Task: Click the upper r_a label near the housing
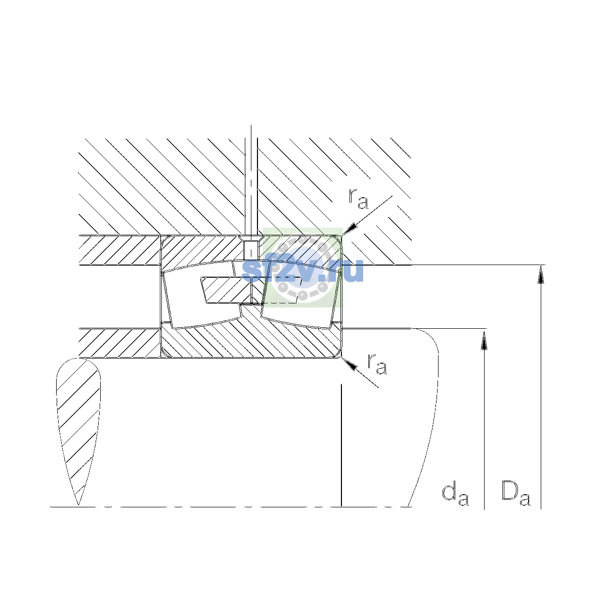tap(358, 199)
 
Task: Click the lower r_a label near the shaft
tap(377, 364)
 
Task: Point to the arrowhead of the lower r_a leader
tap(349, 364)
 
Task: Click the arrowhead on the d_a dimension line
tap(484, 341)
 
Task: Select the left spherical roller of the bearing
tap(202, 294)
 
